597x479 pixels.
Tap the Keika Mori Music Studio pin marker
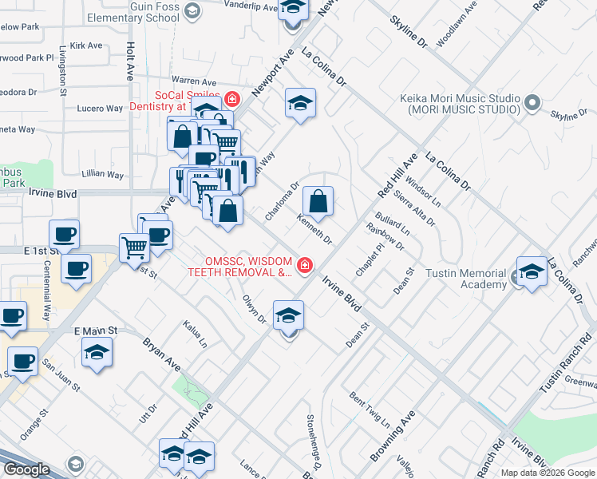click(x=532, y=102)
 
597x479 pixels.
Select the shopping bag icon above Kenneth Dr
click(x=318, y=203)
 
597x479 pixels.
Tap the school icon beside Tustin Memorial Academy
click(x=532, y=271)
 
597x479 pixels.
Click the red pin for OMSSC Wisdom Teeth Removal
click(x=304, y=264)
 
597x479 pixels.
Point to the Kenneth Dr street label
click(x=314, y=228)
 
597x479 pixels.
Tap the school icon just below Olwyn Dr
click(x=288, y=315)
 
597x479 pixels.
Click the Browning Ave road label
click(x=393, y=437)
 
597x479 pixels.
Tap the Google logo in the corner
click(x=26, y=469)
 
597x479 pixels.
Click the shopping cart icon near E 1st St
click(x=134, y=247)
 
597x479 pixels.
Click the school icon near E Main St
click(x=97, y=352)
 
